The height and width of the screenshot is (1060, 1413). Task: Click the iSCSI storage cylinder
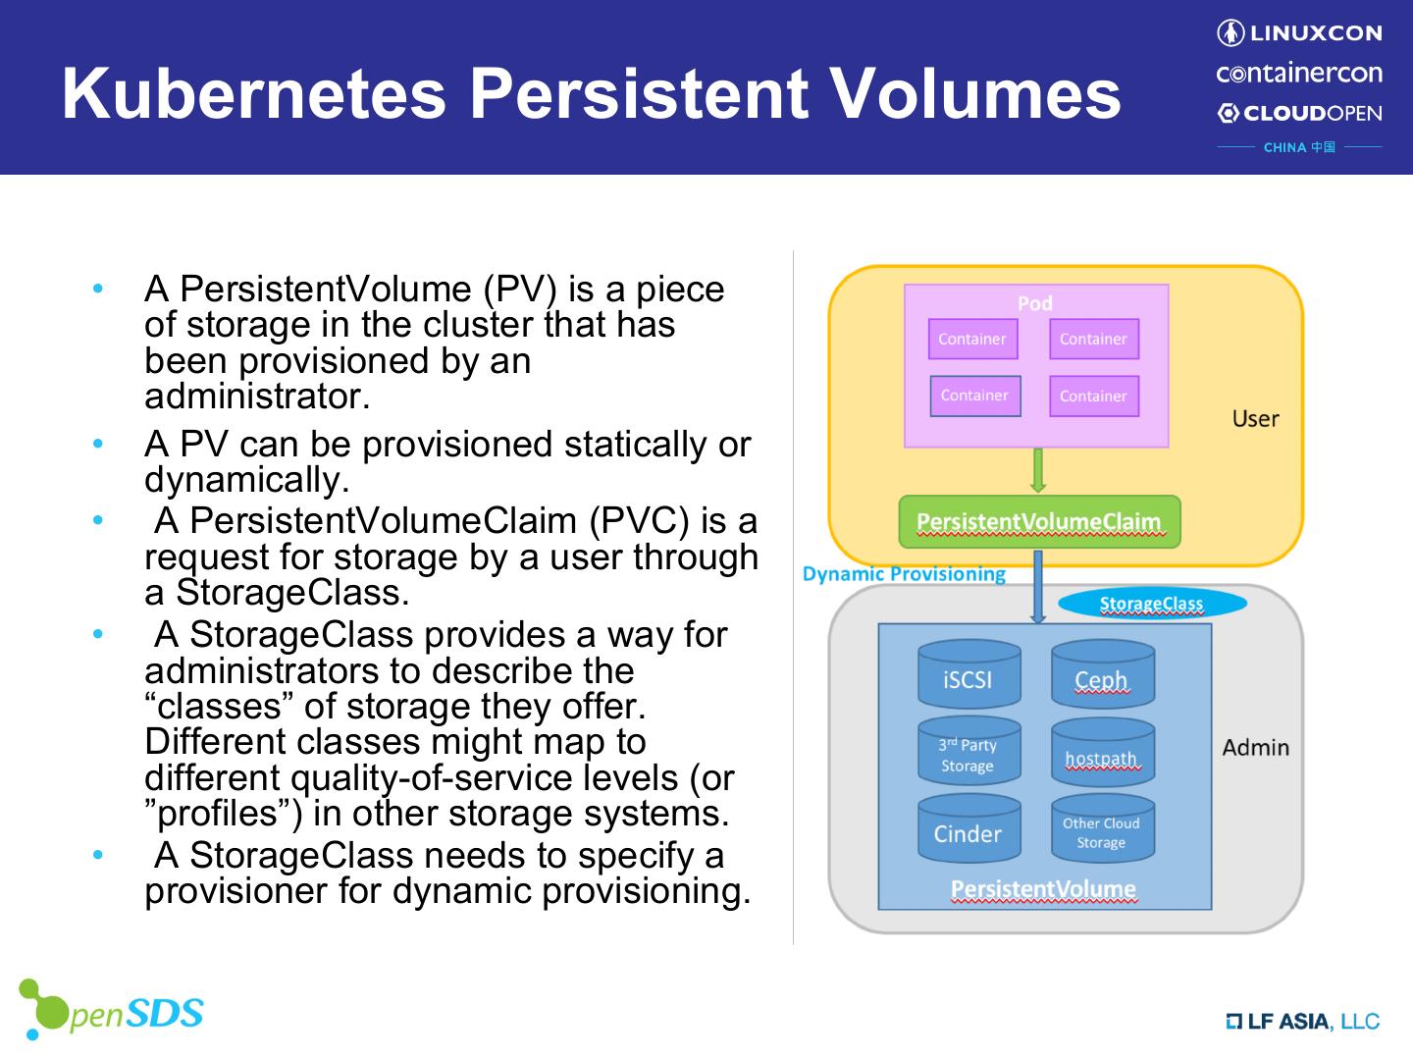pos(968,675)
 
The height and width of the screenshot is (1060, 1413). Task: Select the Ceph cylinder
pos(1102,675)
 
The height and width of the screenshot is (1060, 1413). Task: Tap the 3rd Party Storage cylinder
pos(968,754)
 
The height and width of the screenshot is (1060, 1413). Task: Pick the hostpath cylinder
pos(1102,754)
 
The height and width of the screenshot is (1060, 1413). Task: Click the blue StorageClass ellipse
pos(1151,604)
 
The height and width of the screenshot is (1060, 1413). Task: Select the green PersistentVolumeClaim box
pos(1039,522)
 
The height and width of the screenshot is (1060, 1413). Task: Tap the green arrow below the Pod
pos(1038,471)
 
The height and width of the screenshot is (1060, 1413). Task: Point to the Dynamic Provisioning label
pos(904,574)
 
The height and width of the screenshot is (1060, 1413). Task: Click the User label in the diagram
pos(1255,419)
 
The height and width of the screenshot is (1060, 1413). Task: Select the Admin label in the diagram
pos(1255,748)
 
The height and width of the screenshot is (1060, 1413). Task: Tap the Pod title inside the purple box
pos(1035,303)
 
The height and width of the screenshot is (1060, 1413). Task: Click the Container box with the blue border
pos(974,396)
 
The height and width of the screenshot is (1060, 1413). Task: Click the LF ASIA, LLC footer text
pos(1302,1022)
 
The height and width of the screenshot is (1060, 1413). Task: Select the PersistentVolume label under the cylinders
pos(1043,889)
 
